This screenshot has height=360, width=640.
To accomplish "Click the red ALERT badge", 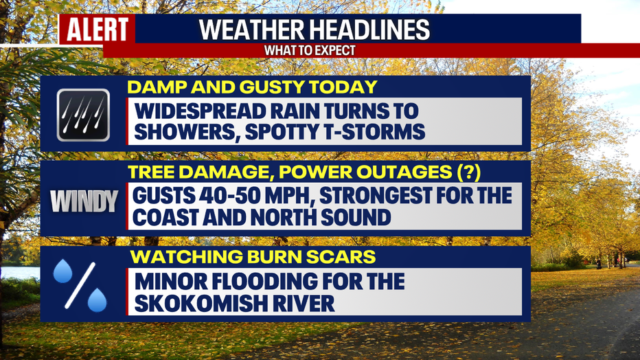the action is [97, 29].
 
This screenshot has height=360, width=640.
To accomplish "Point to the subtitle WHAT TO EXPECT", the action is [310, 51].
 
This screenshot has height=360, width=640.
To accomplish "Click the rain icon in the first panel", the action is [83, 115].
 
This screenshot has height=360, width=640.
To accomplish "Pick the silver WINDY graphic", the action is [84, 201].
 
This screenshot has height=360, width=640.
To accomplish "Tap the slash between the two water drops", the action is [80, 285].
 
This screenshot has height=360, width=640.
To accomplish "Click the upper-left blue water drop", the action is [63, 271].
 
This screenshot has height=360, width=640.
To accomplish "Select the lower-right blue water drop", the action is [97, 300].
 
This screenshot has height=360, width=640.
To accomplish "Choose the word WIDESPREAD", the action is [197, 111].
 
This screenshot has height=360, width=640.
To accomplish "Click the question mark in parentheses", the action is [468, 172].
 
